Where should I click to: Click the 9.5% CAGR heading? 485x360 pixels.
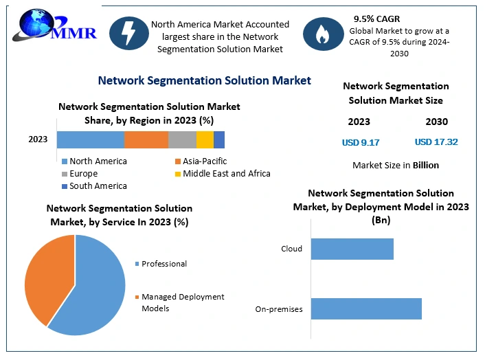tap(376, 19)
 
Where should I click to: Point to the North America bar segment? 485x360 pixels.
tap(90, 139)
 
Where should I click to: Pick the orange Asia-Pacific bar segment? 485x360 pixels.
tap(146, 139)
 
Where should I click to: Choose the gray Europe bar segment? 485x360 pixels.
tap(182, 139)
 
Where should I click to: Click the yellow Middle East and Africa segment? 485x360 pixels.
tap(205, 139)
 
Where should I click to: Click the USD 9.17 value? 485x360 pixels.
tap(361, 142)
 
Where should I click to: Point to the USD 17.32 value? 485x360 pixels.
tap(436, 142)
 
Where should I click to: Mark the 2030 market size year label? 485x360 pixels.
tap(436, 122)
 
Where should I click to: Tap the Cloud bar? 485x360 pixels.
tap(352, 249)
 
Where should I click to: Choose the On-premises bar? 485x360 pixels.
tap(366, 308)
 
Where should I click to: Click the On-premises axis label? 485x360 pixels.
tap(279, 309)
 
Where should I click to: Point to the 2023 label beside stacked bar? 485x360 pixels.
tap(38, 139)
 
